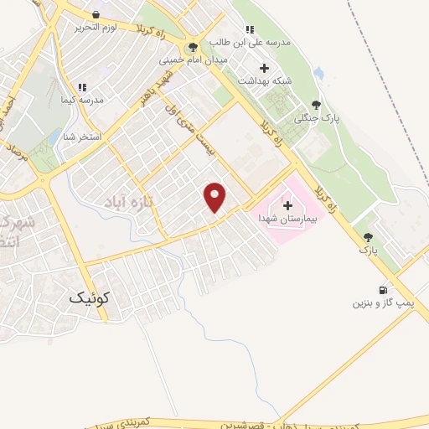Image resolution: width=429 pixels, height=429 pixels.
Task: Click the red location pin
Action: tap(215, 195)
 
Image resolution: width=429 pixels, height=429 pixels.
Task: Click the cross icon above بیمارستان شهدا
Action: tap(287, 204)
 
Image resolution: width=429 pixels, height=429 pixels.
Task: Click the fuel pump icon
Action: tap(383, 290)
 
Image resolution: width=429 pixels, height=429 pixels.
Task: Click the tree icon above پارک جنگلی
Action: tap(316, 106)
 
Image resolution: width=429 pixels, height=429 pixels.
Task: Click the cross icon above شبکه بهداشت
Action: tap(266, 68)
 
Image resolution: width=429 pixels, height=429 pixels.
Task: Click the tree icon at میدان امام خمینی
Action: tap(194, 48)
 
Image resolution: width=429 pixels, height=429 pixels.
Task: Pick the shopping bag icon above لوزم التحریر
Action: tap(96, 14)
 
